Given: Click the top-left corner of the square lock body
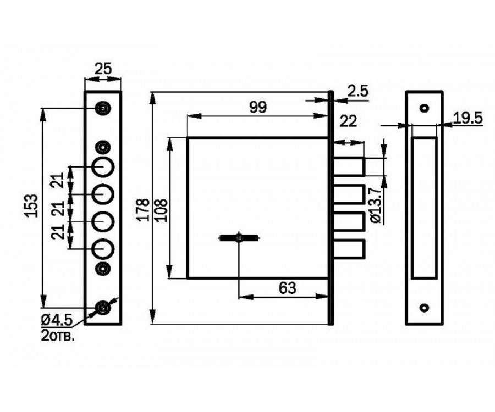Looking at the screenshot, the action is [188, 138].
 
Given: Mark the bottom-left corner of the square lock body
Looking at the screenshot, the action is [188, 279].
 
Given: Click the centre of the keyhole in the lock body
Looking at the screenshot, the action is [239, 238].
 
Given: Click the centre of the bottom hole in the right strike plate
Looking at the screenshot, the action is [424, 307].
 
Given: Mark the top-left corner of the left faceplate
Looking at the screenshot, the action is [85, 92].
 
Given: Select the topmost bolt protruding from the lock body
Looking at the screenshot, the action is [349, 166].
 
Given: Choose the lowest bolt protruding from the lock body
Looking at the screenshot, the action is [349, 249].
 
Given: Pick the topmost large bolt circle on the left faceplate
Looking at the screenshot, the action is [103, 166].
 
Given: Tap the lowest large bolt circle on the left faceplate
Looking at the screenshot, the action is [103, 249].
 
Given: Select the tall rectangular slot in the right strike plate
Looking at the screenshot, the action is [424, 208].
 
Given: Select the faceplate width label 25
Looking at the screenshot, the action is [103, 69].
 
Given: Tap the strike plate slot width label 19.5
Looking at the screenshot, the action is [468, 118].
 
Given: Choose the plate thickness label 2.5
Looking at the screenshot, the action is [358, 91].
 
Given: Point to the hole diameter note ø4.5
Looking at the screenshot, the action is [57, 321].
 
